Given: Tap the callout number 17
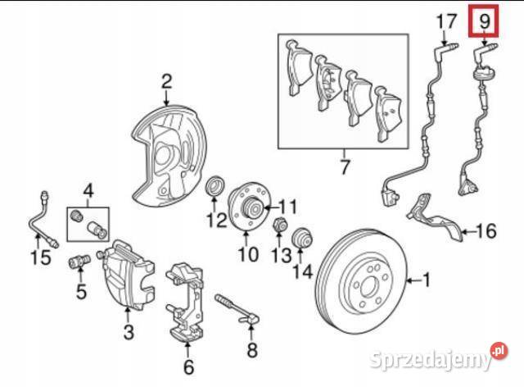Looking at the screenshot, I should point(445,20).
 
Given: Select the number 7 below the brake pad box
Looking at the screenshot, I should point(344,169).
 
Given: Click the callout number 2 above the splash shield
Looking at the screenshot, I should point(166,81).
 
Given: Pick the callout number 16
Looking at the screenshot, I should point(486,232).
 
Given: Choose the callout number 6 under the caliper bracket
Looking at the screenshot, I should point(188,367).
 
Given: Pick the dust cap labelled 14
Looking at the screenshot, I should point(301,238).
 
